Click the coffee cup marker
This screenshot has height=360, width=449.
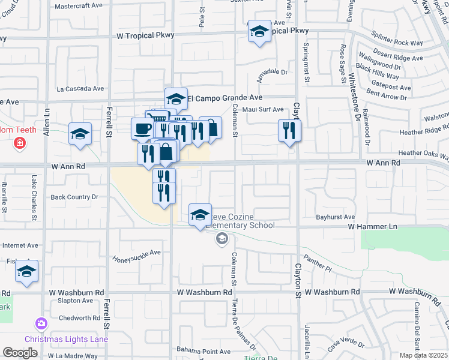click(x=142, y=128)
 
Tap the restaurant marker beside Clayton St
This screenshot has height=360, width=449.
click(x=289, y=131)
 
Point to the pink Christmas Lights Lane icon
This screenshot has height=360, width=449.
click(x=41, y=325)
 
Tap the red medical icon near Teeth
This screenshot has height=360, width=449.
click(x=20, y=143)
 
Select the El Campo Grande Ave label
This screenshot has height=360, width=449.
click(x=225, y=97)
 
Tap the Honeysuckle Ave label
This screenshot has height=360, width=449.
click(x=137, y=256)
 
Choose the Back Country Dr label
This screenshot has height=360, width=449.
click(x=74, y=197)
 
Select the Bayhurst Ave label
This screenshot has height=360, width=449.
click(x=336, y=217)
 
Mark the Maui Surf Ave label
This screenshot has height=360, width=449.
click(x=262, y=109)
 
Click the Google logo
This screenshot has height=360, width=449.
click(x=20, y=353)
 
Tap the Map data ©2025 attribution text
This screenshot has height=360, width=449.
click(x=423, y=355)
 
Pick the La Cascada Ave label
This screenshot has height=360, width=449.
click(x=80, y=88)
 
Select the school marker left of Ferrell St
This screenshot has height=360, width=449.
click(x=80, y=134)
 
